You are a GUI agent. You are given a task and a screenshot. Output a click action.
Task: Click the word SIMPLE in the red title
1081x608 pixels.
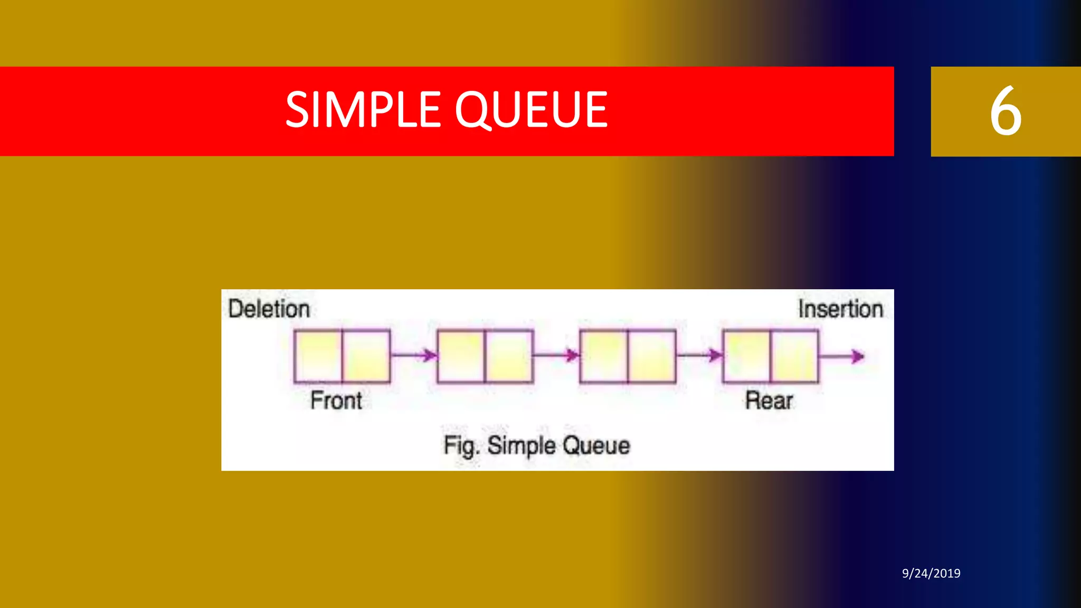click(x=363, y=110)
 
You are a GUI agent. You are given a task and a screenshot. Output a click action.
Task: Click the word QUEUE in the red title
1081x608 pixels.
click(x=531, y=110)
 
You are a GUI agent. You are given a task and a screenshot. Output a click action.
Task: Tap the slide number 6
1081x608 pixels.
click(x=1005, y=111)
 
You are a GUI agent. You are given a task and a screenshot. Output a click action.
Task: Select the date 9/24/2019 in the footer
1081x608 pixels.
click(x=931, y=573)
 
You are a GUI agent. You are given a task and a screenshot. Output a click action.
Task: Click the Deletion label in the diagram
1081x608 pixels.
click(x=269, y=309)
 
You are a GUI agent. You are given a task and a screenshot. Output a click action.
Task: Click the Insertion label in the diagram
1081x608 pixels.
click(x=840, y=309)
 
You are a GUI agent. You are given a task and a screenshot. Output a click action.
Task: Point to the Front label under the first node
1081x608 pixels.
click(x=336, y=400)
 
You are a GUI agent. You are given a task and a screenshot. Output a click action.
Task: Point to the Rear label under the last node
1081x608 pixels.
click(x=769, y=400)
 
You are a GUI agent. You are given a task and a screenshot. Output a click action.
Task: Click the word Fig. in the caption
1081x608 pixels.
click(x=461, y=446)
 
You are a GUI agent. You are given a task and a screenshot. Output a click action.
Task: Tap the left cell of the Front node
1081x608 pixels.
click(x=318, y=356)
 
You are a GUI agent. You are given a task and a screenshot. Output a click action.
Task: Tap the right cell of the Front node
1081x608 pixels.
click(x=366, y=356)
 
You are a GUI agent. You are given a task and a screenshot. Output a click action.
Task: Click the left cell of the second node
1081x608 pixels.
click(x=461, y=356)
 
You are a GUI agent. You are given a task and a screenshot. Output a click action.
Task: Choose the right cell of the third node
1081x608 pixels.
click(x=652, y=356)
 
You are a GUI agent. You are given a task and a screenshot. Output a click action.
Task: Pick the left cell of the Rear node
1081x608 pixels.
click(x=746, y=356)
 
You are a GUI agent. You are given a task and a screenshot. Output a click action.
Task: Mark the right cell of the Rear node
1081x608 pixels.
click(x=794, y=356)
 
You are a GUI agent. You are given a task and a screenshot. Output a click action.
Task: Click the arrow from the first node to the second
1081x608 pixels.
click(x=414, y=355)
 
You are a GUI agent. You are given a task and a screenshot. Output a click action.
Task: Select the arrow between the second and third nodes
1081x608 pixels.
click(x=556, y=355)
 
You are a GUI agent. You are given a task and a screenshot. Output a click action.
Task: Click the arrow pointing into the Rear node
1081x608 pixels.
click(x=699, y=355)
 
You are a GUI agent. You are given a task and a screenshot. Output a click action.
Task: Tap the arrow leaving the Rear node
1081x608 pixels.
click(x=842, y=357)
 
